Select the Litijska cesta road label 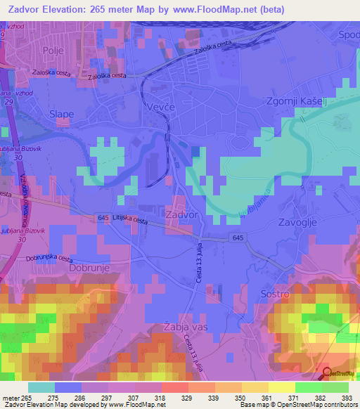(129, 221)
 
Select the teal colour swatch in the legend (41, 387)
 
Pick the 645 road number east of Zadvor (238, 240)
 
